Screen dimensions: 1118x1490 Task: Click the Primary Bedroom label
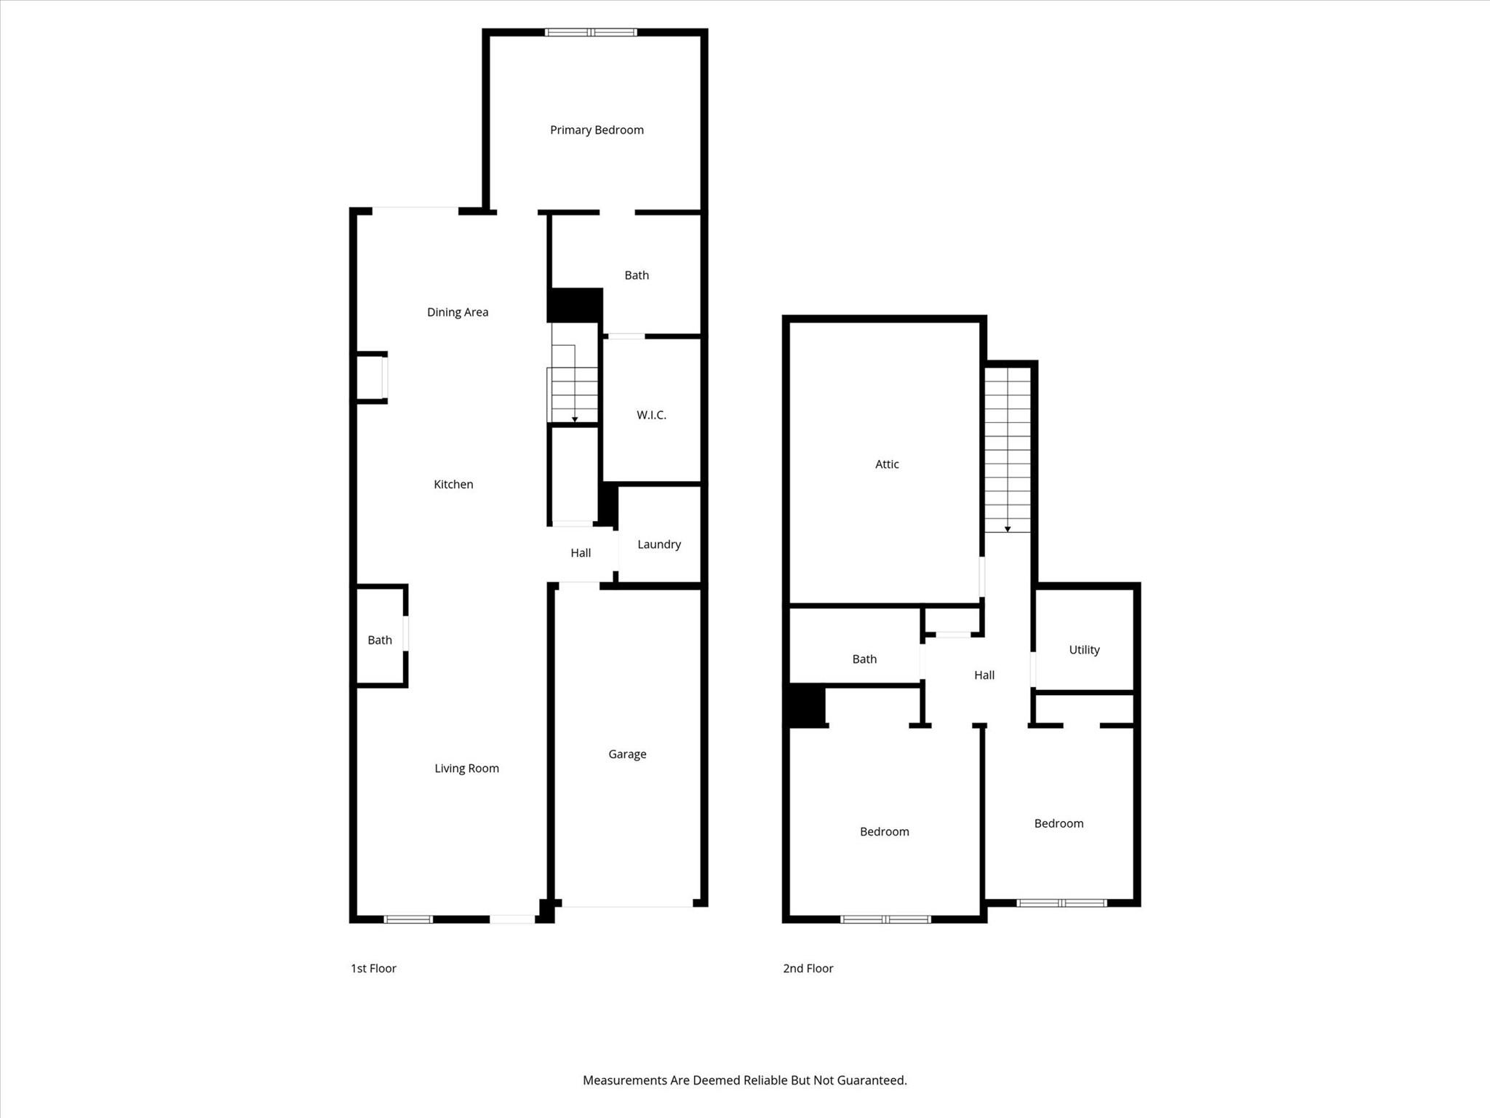(x=597, y=130)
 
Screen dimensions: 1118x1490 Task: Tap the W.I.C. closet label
(x=651, y=415)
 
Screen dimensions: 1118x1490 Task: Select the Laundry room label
(x=659, y=544)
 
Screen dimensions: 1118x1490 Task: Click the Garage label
(x=627, y=754)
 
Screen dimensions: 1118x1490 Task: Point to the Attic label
(x=887, y=464)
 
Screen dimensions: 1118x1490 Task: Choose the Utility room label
(x=1084, y=650)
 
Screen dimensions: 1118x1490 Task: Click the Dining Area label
(x=458, y=312)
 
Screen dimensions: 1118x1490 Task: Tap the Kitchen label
(x=453, y=485)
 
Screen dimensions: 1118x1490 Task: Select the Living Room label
(x=466, y=769)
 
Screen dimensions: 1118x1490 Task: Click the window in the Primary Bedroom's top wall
(x=591, y=32)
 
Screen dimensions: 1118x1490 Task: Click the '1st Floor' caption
(x=373, y=968)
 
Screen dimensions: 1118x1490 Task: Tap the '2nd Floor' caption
(x=808, y=968)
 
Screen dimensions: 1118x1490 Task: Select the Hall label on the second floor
(x=984, y=675)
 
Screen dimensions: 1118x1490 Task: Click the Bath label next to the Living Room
(x=380, y=641)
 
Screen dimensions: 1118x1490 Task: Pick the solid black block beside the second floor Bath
(x=805, y=705)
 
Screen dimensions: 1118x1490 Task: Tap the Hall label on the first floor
(x=581, y=553)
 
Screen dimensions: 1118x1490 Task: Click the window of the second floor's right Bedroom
(x=1061, y=903)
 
